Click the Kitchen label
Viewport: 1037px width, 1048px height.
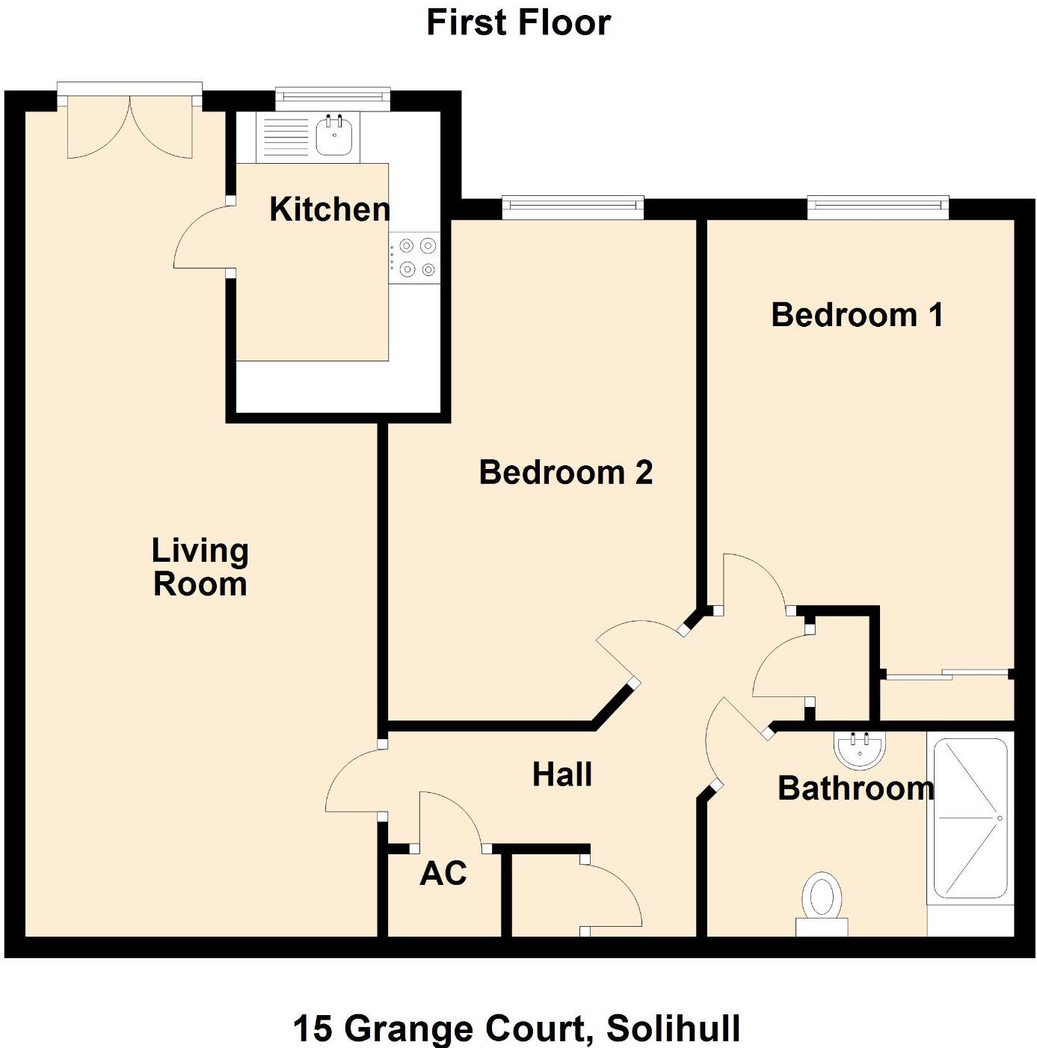330,209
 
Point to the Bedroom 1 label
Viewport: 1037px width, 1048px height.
856,315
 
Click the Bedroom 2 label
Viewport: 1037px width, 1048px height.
565,473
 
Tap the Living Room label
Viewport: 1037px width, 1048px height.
200,567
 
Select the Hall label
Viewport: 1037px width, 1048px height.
562,774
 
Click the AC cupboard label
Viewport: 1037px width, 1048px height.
443,873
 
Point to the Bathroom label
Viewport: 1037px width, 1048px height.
855,788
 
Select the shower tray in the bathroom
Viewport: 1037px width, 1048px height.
970,818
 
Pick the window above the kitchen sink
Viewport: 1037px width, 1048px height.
333,96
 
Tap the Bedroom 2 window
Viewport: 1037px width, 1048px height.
573,206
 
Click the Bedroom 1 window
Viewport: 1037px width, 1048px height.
878,206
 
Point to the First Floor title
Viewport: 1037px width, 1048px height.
518,22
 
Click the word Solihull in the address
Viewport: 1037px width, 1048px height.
673,1028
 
